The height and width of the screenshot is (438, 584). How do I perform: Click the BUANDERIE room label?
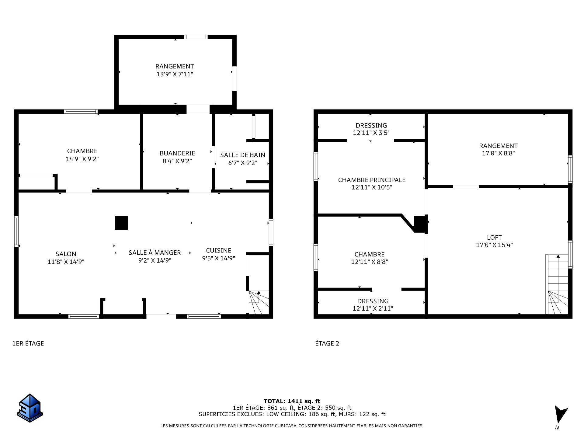click(x=177, y=153)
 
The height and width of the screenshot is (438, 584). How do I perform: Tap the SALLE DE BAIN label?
click(x=242, y=155)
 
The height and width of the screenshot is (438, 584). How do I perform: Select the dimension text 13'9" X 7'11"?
click(x=175, y=74)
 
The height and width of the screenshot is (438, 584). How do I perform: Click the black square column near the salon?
click(x=121, y=223)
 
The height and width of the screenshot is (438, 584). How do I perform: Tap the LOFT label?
click(x=494, y=237)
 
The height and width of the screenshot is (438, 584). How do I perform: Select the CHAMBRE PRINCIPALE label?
click(x=372, y=180)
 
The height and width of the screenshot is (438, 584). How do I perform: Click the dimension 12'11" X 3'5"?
click(x=371, y=133)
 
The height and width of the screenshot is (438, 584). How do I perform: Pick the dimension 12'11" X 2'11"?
click(x=373, y=308)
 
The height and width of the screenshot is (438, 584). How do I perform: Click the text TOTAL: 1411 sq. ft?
click(x=292, y=401)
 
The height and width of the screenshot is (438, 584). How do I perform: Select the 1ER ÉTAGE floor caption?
click(x=28, y=343)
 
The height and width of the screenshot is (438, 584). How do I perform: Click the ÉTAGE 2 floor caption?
click(x=327, y=343)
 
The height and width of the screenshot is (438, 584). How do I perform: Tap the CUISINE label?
click(x=218, y=250)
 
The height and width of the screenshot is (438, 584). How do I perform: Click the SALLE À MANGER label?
click(x=155, y=252)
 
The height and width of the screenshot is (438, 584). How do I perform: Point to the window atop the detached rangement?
click(x=196, y=37)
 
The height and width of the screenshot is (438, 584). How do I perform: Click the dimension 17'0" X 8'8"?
click(x=498, y=153)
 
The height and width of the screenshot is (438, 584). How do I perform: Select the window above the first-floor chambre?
click(x=81, y=112)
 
